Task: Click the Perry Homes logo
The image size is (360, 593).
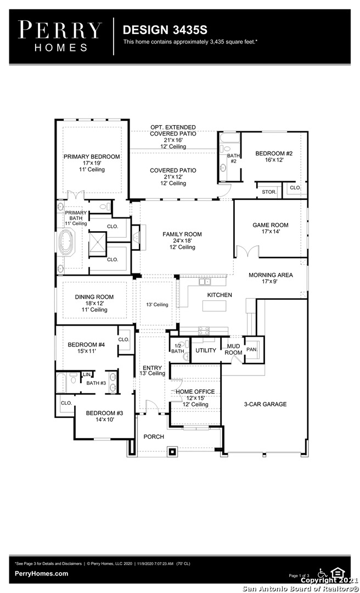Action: pyautogui.click(x=60, y=36)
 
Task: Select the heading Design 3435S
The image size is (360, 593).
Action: pyautogui.click(x=165, y=30)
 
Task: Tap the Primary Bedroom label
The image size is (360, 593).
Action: pyautogui.click(x=92, y=156)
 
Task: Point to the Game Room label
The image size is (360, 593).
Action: pyautogui.click(x=271, y=225)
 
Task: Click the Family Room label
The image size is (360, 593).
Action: pyautogui.click(x=182, y=234)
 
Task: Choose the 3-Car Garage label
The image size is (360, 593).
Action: pyautogui.click(x=265, y=404)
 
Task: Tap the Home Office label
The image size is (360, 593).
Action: pyautogui.click(x=195, y=392)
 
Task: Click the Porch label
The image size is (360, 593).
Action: pyautogui.click(x=154, y=437)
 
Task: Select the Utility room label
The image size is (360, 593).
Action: pyautogui.click(x=206, y=350)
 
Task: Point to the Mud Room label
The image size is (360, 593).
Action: pyautogui.click(x=233, y=349)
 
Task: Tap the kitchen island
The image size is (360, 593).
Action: pyautogui.click(x=214, y=306)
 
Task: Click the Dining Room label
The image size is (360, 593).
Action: pyautogui.click(x=94, y=297)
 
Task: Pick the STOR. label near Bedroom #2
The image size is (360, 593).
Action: pyautogui.click(x=269, y=192)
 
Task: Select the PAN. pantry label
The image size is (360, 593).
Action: pyautogui.click(x=252, y=350)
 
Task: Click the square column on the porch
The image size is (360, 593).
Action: pyautogui.click(x=173, y=451)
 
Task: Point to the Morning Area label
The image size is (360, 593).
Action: pyautogui.click(x=271, y=275)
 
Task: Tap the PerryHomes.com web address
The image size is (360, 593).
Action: pyautogui.click(x=41, y=574)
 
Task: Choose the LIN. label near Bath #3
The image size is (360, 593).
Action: pyautogui.click(x=87, y=375)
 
